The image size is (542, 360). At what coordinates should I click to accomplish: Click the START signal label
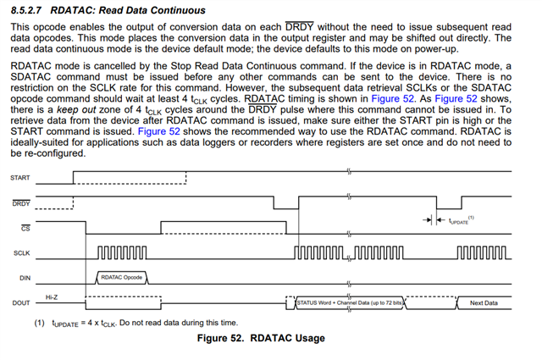[x=19, y=178]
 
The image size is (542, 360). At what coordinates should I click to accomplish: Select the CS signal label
[x=24, y=228]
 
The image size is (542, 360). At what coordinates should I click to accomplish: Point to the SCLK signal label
[x=22, y=253]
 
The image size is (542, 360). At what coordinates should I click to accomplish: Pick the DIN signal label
[x=24, y=278]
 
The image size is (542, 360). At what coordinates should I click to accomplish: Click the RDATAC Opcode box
[x=121, y=277]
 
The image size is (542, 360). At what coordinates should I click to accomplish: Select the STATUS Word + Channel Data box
[x=350, y=302]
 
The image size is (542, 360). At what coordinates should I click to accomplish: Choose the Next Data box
[x=484, y=302]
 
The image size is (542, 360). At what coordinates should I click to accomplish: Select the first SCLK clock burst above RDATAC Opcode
[x=121, y=252]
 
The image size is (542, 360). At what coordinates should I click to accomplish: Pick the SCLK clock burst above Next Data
[x=484, y=252]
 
